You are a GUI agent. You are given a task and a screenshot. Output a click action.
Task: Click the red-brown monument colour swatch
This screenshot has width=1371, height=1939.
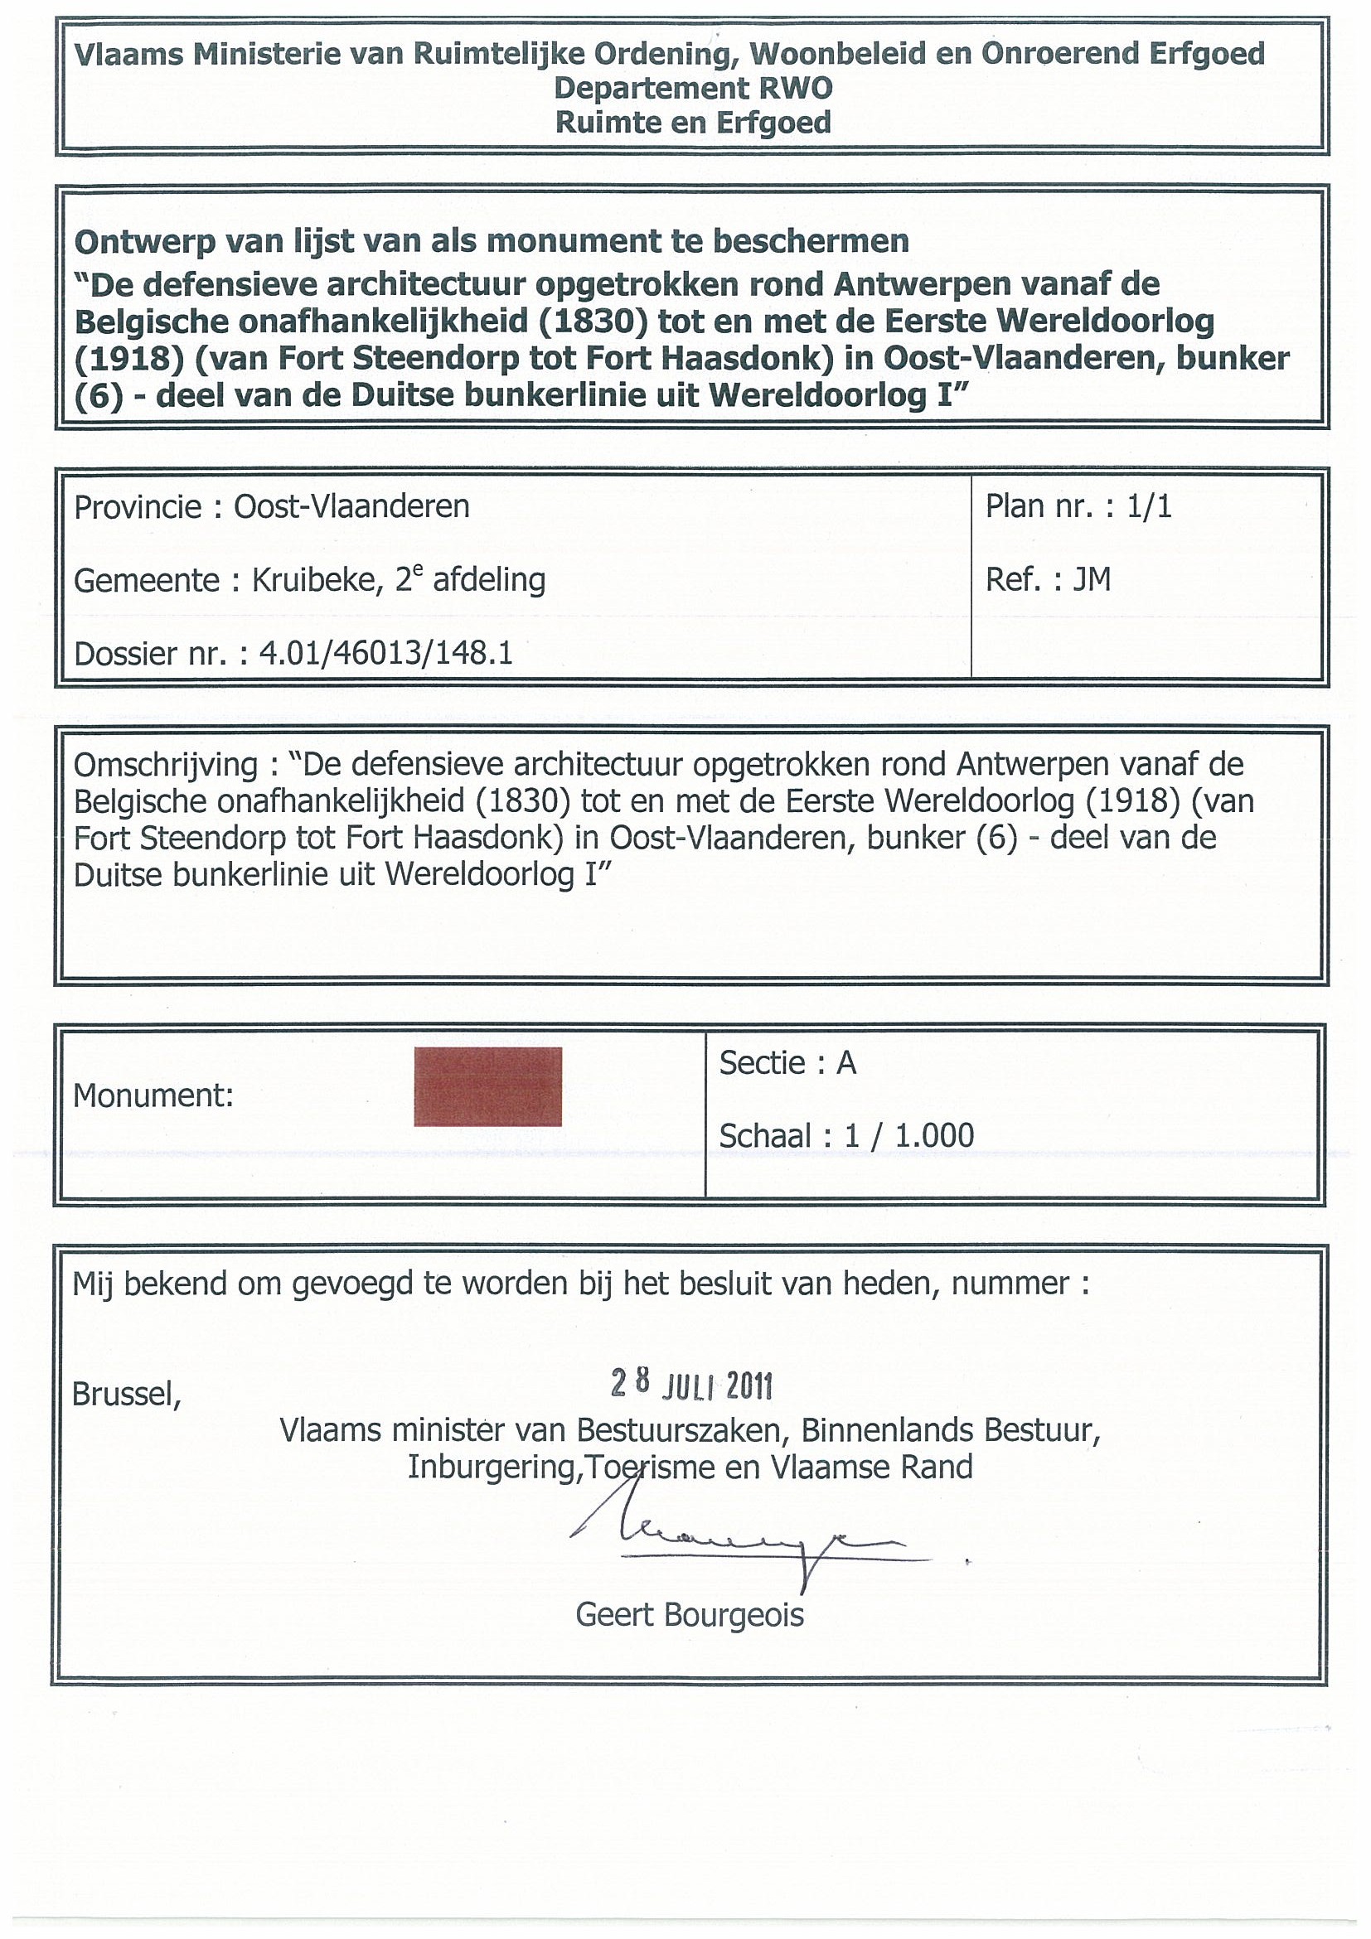487,1086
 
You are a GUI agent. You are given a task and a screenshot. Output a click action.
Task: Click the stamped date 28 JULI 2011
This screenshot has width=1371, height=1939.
691,1384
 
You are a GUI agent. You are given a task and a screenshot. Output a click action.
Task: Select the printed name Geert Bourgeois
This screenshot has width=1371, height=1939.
690,1615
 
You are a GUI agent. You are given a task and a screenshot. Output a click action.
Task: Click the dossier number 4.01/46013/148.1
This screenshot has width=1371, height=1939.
386,654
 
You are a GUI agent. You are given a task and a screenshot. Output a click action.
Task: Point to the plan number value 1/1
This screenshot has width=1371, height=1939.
1149,506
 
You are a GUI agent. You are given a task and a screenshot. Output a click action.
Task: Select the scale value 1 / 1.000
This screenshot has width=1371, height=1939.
909,1136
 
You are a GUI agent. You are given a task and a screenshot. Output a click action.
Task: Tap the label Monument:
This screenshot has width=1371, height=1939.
153,1096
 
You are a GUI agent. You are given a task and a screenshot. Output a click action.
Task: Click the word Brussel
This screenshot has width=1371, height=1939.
126,1395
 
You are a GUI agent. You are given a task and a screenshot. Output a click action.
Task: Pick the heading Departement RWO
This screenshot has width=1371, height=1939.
693,89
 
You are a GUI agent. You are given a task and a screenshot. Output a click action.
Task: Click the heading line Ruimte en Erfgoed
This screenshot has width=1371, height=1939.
693,123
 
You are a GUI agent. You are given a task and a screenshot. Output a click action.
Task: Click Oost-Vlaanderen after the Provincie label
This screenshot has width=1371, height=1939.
351,506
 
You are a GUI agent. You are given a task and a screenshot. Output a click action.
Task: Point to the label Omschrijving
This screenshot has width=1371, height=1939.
166,765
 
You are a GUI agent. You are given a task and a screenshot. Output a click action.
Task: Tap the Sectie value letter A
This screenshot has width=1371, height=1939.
846,1063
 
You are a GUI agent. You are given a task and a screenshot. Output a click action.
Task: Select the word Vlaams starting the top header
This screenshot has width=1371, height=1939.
128,55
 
